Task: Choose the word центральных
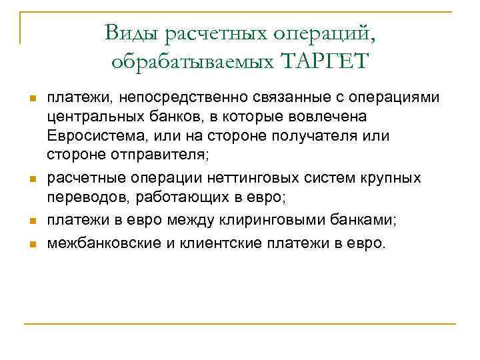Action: click(86, 117)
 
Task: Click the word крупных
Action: click(395, 178)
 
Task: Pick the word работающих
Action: click(157, 197)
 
